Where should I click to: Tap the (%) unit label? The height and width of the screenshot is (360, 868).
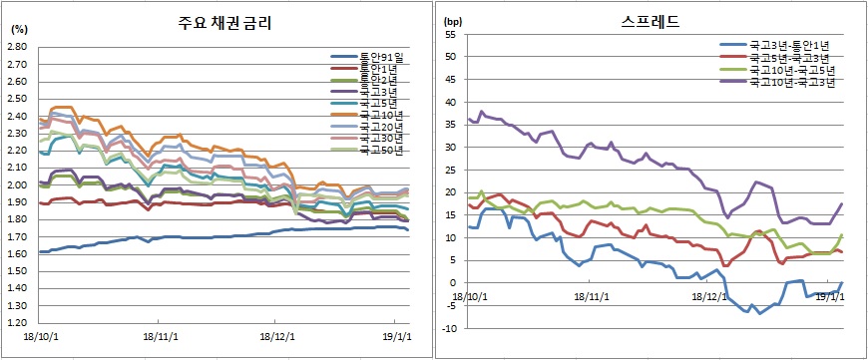coord(19,31)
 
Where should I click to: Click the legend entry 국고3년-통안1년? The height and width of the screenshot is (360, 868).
coord(791,46)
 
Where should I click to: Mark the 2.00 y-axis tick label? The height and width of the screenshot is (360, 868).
coord(18,185)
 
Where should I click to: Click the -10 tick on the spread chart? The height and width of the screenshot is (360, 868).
coord(450,328)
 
